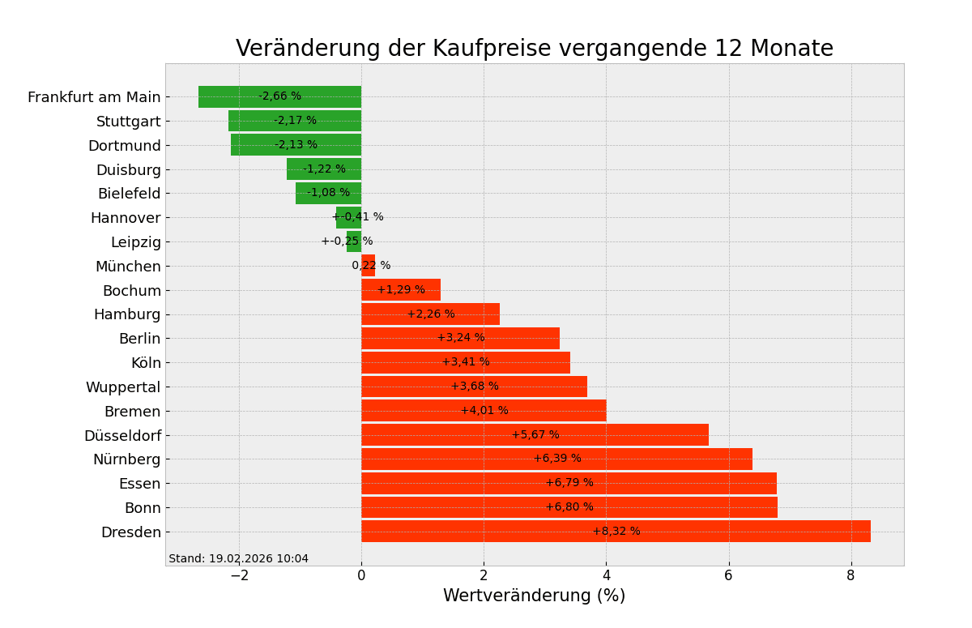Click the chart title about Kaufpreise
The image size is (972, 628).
pos(534,49)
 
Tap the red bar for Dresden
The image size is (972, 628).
pos(729,532)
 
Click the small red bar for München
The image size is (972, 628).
pos(369,266)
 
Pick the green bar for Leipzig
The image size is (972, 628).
pos(354,241)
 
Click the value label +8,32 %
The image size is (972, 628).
pos(616,532)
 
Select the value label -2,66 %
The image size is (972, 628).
pos(279,96)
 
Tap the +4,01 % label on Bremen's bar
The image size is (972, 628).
pos(484,411)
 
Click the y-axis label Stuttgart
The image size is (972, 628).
pos(129,122)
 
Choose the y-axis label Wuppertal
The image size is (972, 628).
pos(123,387)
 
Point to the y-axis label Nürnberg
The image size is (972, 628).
pos(126,459)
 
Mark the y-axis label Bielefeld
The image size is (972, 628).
pos(129,194)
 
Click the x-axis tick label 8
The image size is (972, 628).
pos(850,575)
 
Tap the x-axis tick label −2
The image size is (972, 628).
pos(239,575)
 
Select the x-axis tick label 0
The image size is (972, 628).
pos(361,575)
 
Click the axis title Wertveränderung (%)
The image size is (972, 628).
pos(534,596)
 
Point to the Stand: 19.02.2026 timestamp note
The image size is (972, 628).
pos(238,558)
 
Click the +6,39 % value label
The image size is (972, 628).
pos(557,459)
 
